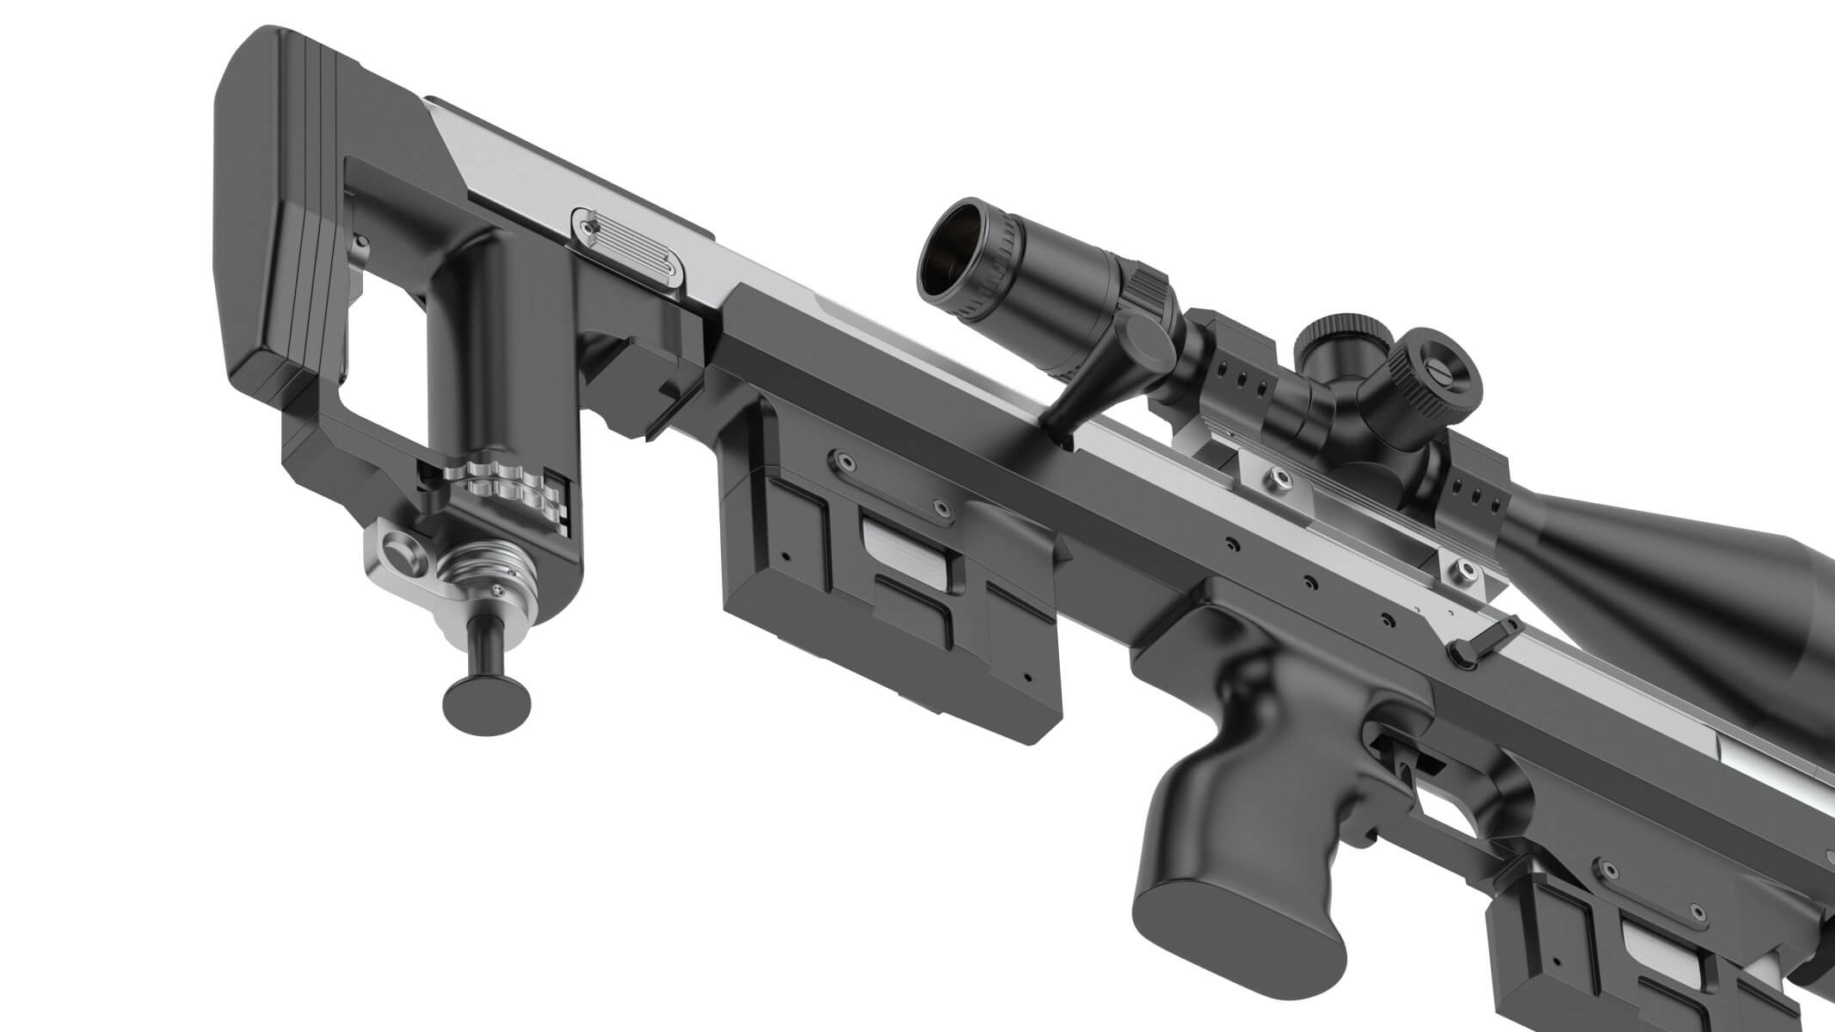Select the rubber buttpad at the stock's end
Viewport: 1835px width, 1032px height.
[258, 215]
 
